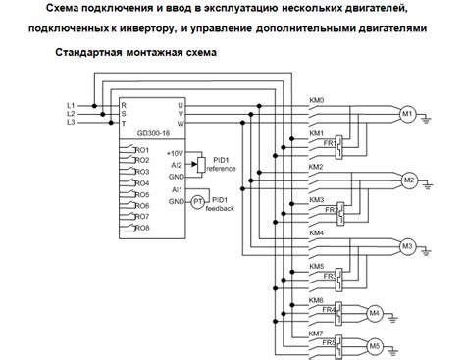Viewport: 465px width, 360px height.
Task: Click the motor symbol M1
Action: pos(408,114)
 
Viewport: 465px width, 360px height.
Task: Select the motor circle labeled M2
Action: pos(410,180)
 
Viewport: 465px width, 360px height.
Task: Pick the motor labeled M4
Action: pos(374,313)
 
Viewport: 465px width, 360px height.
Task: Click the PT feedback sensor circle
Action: pos(196,201)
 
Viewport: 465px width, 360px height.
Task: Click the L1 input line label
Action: pos(70,104)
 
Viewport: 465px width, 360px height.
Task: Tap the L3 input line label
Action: pos(70,122)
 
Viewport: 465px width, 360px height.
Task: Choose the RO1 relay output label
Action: pos(142,149)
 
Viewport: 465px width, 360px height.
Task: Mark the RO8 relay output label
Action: pos(142,228)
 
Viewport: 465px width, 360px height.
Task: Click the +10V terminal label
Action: pos(176,153)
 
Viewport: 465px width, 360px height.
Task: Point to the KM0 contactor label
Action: pos(316,99)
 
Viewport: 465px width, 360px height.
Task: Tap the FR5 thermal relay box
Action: pos(330,344)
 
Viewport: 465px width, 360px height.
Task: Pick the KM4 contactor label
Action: pos(316,232)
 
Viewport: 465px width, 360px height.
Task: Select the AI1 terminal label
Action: pos(177,189)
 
